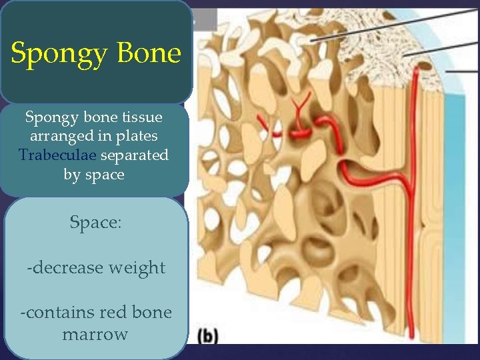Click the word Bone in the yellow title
pyautogui.click(x=148, y=53)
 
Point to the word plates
pyautogui.click(x=137, y=137)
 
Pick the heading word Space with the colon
pyautogui.click(x=95, y=223)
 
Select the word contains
pyautogui.click(x=57, y=312)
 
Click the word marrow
pyautogui.click(x=95, y=334)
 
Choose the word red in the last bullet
pyautogui.click(x=113, y=312)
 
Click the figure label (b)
pyautogui.click(x=208, y=335)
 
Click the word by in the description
pyautogui.click(x=72, y=175)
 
